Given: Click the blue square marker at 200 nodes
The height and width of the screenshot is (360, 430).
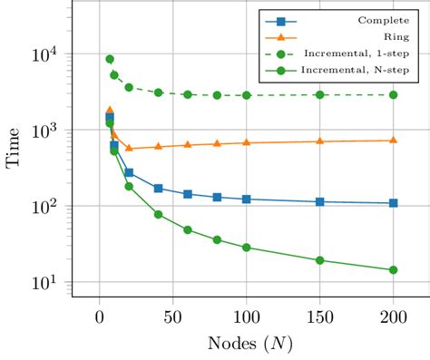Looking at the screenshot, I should click(x=393, y=203).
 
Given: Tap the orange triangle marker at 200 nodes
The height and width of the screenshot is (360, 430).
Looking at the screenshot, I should click(x=393, y=140).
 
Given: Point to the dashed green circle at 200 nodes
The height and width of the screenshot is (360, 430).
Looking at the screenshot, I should click(x=393, y=94).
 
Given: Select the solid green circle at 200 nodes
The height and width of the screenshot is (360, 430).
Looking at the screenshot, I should click(x=393, y=269).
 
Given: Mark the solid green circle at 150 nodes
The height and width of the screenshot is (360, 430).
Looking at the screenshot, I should click(x=319, y=260).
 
